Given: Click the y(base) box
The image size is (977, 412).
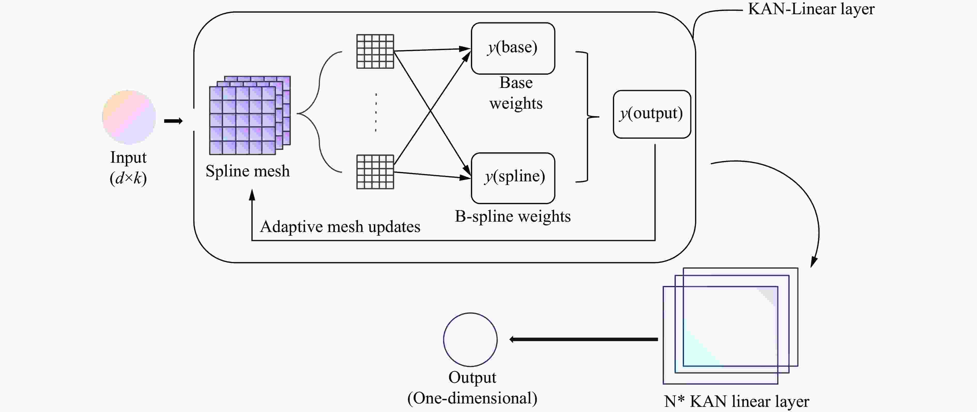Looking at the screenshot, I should tap(513, 48).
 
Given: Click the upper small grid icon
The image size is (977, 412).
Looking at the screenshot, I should tap(375, 51).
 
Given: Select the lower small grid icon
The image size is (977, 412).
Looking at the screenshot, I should tap(375, 172).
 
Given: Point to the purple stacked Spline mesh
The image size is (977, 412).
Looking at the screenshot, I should tap(248, 116).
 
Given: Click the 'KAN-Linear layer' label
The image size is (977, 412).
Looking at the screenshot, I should tap(811, 9).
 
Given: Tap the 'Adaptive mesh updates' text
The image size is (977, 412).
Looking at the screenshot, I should tap(340, 227).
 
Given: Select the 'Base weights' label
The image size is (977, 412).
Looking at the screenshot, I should tap(516, 93).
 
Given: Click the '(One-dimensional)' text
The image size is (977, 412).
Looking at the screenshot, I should tap(472, 398).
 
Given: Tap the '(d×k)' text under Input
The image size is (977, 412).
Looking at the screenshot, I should tap(128, 178).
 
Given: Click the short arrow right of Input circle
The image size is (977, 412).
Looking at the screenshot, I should tap(173, 121).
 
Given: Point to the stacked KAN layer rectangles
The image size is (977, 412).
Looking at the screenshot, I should tap(730, 326).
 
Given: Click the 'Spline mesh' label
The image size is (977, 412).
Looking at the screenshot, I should tap(248, 171).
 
